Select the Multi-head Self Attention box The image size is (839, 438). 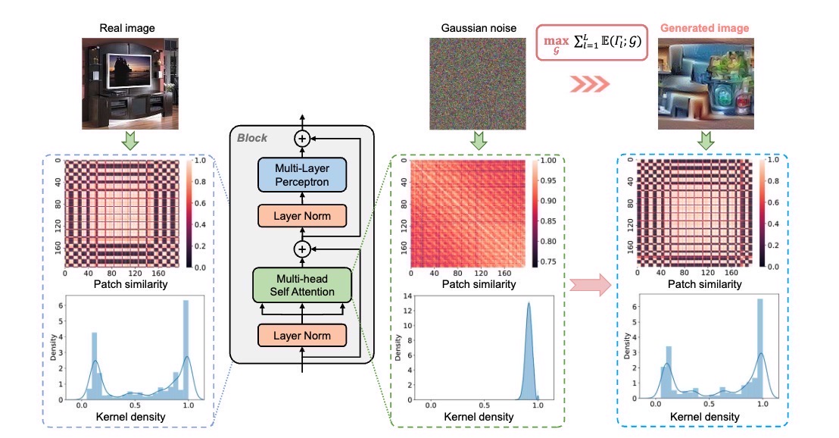(x=301, y=283)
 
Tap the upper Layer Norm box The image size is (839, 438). (x=301, y=217)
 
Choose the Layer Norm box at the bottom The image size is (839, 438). (x=301, y=333)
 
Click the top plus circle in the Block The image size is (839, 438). (x=302, y=139)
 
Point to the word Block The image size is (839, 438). (x=251, y=139)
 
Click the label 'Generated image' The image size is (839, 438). (x=704, y=29)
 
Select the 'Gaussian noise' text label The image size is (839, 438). (x=468, y=29)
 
